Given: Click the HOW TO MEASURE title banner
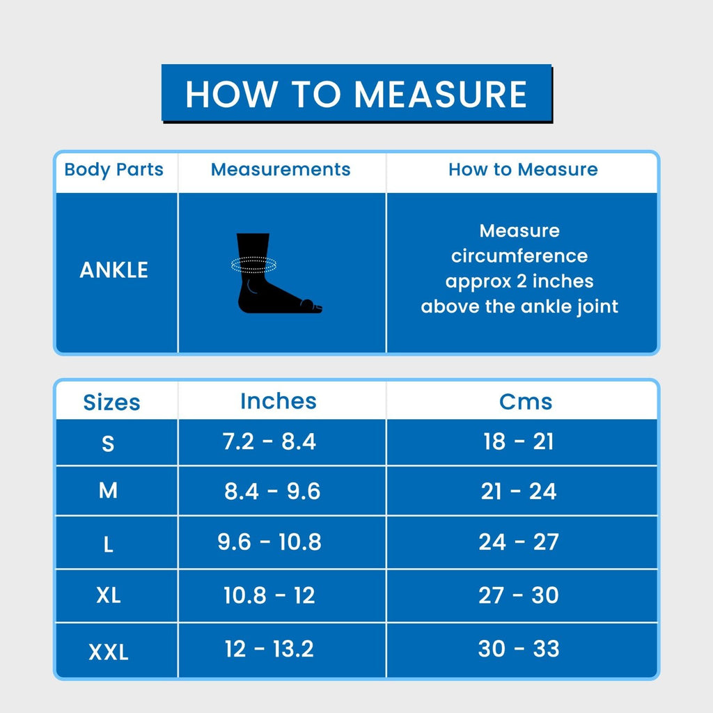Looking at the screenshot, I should (x=356, y=94).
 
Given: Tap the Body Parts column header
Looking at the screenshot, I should (x=114, y=170).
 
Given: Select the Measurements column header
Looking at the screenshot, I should (x=281, y=170).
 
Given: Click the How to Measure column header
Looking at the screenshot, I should (x=523, y=170).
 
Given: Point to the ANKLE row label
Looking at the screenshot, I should (x=114, y=270).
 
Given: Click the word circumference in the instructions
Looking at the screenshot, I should (x=519, y=256).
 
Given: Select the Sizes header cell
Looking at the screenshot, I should (x=111, y=402).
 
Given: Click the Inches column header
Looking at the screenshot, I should (x=278, y=401).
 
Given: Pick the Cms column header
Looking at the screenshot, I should (x=526, y=402).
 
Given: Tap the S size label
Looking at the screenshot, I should (x=108, y=443).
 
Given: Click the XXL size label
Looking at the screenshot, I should (x=109, y=652).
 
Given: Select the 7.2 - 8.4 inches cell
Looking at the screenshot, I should (x=269, y=441).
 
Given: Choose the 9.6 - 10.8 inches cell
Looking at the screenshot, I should (x=269, y=542).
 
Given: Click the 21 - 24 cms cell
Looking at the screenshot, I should (x=519, y=492).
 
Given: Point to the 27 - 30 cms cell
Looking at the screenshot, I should (x=519, y=595).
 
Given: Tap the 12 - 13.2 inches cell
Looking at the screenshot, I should (x=269, y=649).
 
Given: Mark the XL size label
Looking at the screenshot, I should (x=109, y=595).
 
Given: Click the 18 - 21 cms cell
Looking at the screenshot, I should (x=519, y=441).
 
